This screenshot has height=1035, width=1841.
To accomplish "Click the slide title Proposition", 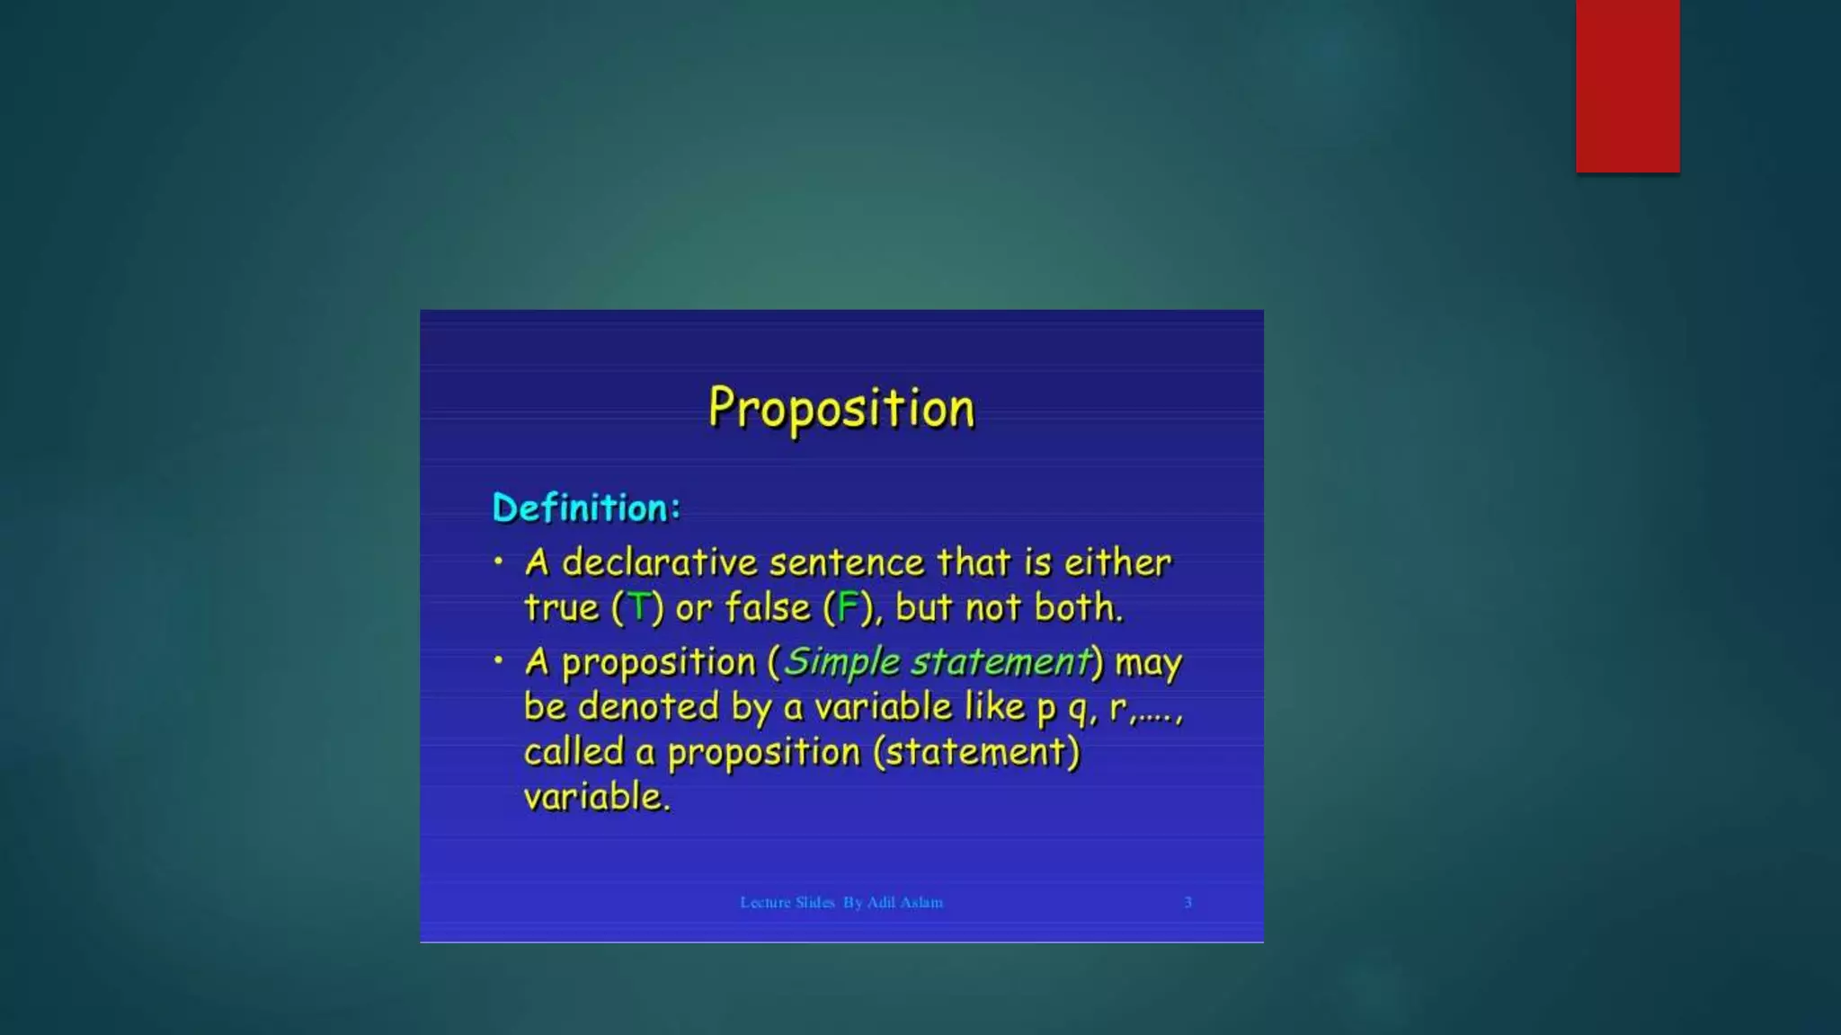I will click(x=841, y=409).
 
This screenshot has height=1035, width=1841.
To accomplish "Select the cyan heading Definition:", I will click(x=586, y=509).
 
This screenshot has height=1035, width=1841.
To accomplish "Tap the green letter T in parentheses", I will click(x=638, y=607).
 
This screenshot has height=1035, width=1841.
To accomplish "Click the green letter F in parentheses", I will click(x=847, y=607).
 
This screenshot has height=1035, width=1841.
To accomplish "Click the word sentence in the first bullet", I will click(x=847, y=563).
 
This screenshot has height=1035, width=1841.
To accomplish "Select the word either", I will click(x=1117, y=563).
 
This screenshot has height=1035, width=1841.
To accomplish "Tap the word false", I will click(x=768, y=607).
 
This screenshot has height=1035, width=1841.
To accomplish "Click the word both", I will click(x=1078, y=607).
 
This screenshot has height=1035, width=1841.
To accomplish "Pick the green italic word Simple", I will click(x=841, y=663).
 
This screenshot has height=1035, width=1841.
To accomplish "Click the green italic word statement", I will click(x=1001, y=663).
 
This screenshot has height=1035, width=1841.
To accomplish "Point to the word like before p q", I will click(x=994, y=707).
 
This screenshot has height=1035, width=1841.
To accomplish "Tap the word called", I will click(x=574, y=752).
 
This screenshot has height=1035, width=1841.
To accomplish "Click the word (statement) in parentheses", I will click(x=976, y=752).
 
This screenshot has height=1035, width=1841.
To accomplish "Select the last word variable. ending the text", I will click(x=597, y=797).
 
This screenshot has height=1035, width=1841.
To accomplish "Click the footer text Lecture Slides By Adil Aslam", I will click(x=841, y=902).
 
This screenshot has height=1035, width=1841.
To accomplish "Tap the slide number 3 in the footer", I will click(x=1187, y=902).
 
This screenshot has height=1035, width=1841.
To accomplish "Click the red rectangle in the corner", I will click(x=1627, y=85).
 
